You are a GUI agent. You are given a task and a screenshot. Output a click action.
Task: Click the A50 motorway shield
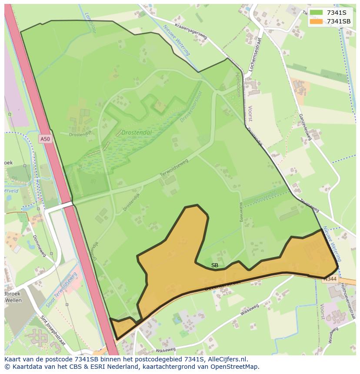tap(44, 139)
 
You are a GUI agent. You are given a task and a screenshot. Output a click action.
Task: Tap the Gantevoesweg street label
tap(305, 127)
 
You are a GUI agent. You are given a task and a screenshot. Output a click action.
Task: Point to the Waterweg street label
tap(241, 212)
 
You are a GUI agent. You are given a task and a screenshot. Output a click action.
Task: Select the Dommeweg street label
tap(39, 246)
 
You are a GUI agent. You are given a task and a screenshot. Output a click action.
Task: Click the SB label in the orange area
tap(215, 265)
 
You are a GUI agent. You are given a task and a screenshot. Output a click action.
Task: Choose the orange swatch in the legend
tap(316, 21)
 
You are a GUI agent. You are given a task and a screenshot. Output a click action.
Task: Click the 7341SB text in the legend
tap(339, 21)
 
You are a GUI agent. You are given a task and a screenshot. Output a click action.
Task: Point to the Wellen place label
tap(15, 301)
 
